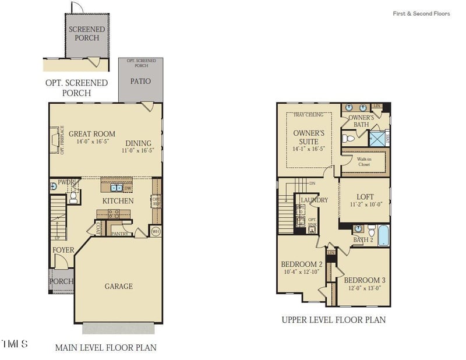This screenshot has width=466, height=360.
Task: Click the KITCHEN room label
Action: click(118, 201)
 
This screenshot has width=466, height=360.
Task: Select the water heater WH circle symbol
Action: click(156, 231)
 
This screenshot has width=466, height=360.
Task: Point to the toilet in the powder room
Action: click(73, 197)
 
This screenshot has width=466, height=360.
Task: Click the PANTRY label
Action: click(119, 234)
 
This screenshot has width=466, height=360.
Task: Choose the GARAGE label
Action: click(118, 286)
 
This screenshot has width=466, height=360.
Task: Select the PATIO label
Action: click(140, 81)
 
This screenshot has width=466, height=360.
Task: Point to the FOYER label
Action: click(63, 250)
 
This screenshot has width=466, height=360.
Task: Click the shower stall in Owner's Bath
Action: click(377, 139)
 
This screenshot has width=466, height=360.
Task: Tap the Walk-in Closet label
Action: click(365, 161)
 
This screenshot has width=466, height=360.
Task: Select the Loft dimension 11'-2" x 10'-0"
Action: click(365, 205)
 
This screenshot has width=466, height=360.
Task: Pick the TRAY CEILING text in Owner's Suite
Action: click(308, 115)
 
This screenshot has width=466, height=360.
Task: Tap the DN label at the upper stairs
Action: click(312, 182)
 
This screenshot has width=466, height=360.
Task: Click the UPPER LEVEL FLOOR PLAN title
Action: click(333, 320)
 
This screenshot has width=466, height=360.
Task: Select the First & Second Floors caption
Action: click(421, 13)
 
